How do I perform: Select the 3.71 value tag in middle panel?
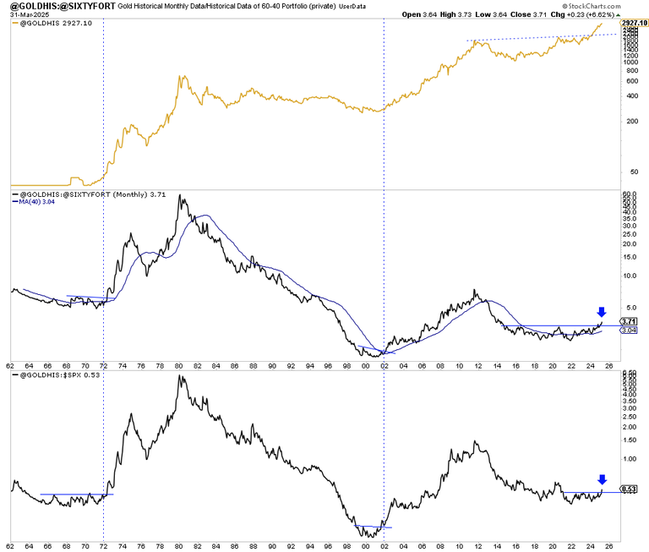click(627, 321)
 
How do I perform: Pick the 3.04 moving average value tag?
click(627, 331)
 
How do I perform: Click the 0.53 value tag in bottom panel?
click(627, 489)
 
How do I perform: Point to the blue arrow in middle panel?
click(601, 312)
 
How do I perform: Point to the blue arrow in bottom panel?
click(601, 479)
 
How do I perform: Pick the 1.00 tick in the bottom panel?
click(629, 460)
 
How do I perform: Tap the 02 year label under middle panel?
click(384, 365)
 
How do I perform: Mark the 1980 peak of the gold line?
click(181, 76)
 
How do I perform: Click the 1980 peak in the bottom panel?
click(180, 375)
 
